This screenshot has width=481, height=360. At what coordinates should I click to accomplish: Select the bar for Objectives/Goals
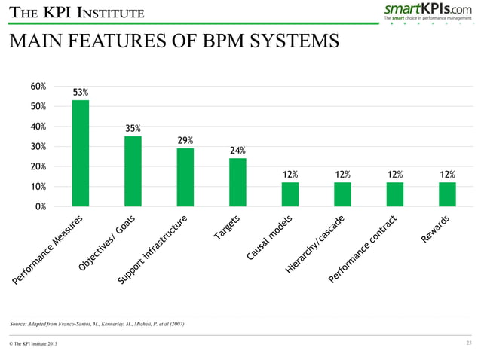(133, 170)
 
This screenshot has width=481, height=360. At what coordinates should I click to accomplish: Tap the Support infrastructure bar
(185, 176)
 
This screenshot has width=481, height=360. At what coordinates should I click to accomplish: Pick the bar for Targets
(237, 182)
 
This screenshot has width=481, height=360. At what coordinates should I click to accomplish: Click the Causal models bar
(290, 194)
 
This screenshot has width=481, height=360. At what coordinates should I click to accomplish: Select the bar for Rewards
(447, 194)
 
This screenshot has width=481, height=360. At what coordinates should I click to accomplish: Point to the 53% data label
(81, 93)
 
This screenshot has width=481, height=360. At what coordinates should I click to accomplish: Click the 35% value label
(133, 128)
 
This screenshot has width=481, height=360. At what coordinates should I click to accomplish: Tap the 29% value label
(185, 140)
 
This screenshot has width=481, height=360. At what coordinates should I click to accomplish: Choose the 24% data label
(237, 150)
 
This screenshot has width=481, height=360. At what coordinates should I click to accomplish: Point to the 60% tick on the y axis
(36, 87)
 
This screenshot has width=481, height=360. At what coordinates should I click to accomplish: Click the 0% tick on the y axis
(38, 206)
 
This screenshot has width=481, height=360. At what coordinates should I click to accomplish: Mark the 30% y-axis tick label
(36, 146)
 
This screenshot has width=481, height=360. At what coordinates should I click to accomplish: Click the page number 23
(470, 343)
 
